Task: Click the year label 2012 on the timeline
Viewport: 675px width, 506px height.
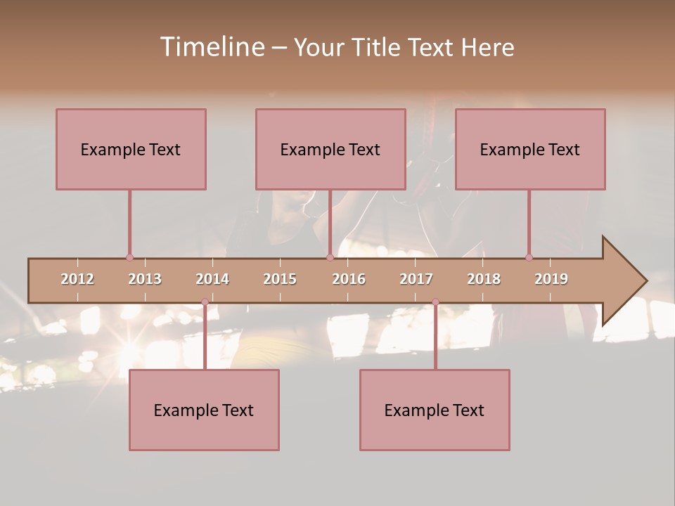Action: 77,279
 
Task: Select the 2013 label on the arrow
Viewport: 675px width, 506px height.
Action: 145,279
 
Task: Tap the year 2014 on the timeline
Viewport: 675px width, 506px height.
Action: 212,279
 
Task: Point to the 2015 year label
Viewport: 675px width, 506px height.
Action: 280,279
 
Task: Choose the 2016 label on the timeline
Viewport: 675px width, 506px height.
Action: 349,279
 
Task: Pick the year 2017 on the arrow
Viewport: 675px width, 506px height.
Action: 416,279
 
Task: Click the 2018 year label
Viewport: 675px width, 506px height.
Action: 484,279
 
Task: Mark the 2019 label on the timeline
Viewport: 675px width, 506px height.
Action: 551,279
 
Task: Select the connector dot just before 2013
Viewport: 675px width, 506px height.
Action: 129,257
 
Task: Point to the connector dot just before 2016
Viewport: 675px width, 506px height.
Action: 330,257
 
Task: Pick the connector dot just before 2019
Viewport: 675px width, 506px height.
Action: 529,257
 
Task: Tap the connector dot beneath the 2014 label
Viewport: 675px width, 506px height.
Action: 205,302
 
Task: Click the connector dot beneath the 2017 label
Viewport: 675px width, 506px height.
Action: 435,302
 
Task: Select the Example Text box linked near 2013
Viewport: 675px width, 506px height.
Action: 131,149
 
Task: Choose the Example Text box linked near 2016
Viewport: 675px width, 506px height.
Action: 330,149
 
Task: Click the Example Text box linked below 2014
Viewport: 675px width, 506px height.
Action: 204,410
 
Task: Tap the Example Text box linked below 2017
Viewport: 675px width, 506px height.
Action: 435,410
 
